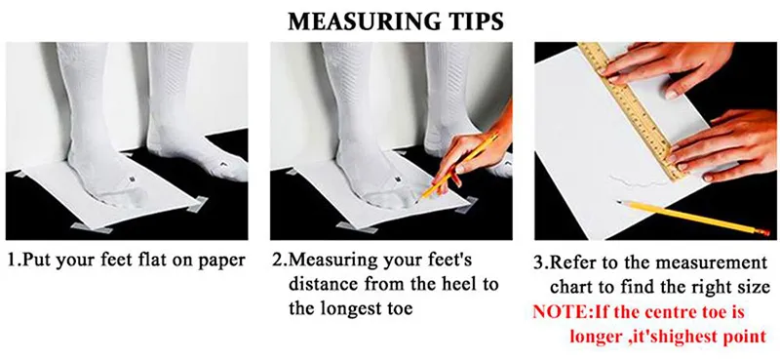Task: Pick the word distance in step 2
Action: coord(322,285)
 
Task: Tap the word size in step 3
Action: coord(752,287)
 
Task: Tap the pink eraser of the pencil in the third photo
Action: coord(764,232)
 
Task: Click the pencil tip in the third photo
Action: coord(618,202)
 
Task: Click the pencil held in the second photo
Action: coord(459,167)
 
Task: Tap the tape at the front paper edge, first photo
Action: coord(92,228)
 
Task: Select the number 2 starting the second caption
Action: coord(277,260)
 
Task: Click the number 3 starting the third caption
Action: coord(539,262)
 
